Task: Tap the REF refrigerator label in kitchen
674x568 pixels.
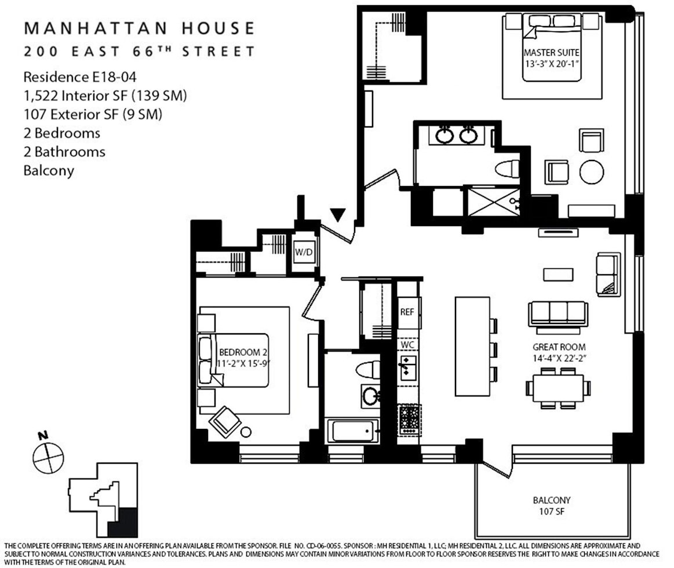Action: pyautogui.click(x=407, y=311)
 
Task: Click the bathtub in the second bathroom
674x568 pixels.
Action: pyautogui.click(x=353, y=431)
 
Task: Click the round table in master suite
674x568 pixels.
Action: pyautogui.click(x=592, y=172)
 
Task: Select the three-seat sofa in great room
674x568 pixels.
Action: pyautogui.click(x=558, y=313)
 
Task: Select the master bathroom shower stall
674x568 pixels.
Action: pyautogui.click(x=493, y=202)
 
